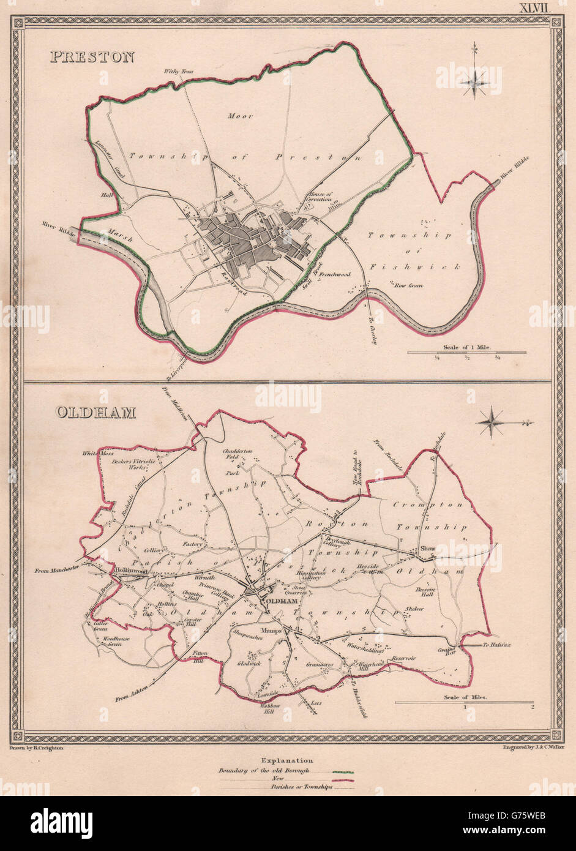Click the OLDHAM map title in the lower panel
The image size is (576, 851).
pos(95,412)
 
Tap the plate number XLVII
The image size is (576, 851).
pos(536,7)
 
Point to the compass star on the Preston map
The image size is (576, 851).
pos(475,81)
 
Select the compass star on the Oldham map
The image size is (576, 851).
pos(491,422)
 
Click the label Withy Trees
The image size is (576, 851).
pos(179,72)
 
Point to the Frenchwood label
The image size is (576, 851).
pos(333,275)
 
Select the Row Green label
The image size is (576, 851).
pos(408,285)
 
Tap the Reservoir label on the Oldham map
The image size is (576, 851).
pos(404,658)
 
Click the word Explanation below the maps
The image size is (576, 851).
pos(288,761)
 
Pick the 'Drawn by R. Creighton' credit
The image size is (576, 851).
pos(38,748)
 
